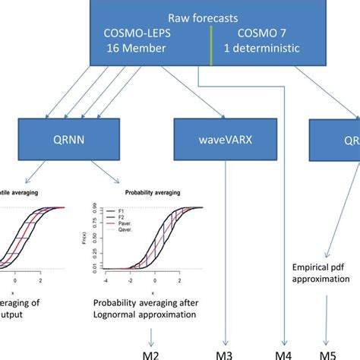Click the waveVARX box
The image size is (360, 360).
(226, 139)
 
